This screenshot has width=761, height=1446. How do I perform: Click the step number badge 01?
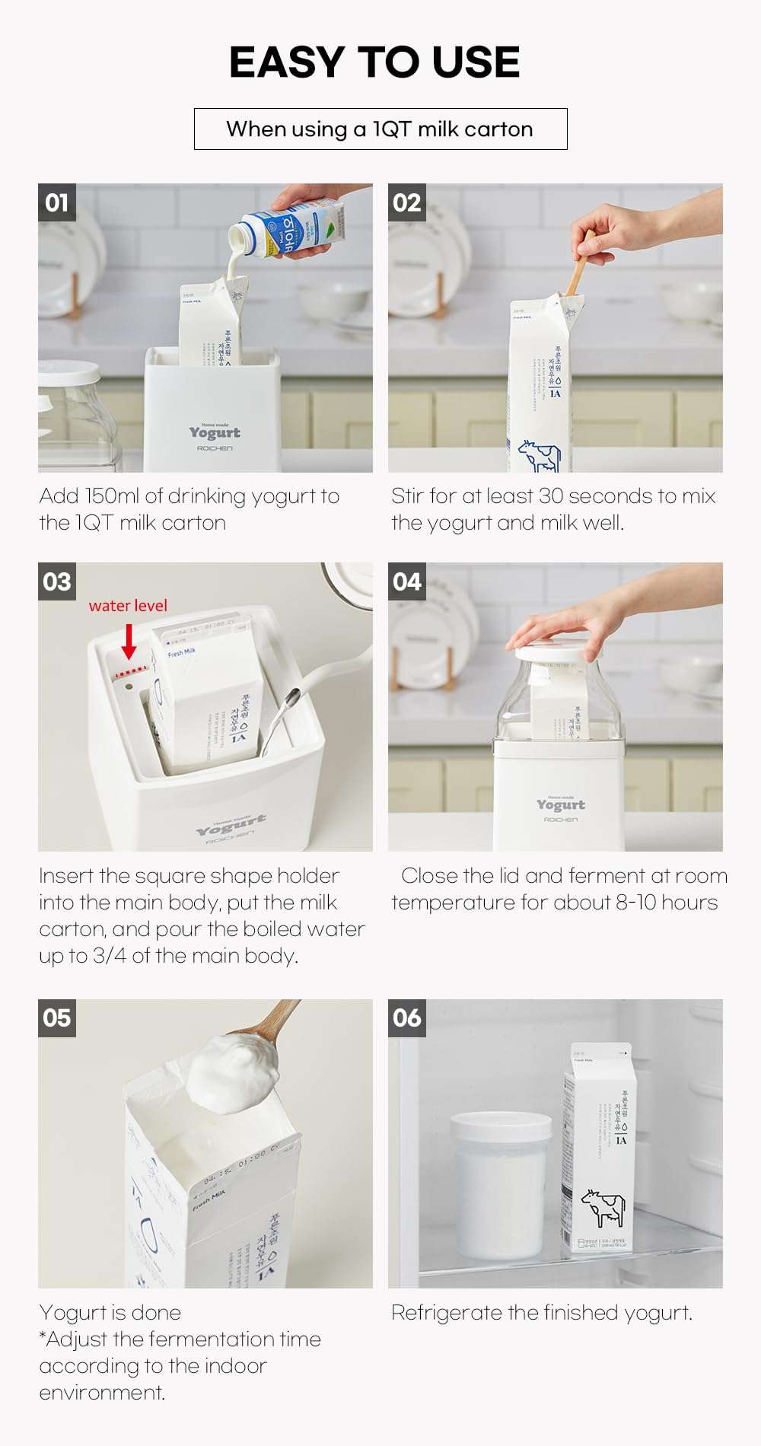(56, 202)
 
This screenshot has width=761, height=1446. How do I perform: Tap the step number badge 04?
(406, 581)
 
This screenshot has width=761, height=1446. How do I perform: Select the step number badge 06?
(406, 1018)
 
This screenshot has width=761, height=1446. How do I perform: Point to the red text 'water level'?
(128, 606)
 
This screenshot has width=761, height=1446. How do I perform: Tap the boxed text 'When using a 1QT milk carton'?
(380, 129)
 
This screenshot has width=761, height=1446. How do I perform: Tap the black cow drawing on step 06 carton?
(603, 1208)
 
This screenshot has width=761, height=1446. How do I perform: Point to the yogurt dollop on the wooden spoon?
(228, 1072)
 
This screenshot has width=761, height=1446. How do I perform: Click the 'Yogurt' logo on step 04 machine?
(560, 804)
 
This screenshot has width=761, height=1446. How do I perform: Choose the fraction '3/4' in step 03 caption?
(110, 956)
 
